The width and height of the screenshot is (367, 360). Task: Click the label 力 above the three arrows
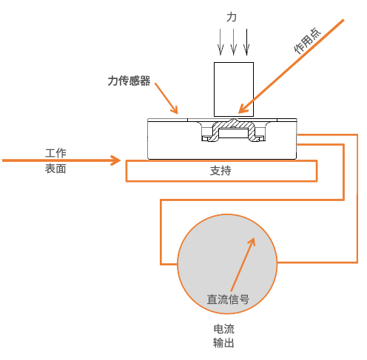(x=232, y=17)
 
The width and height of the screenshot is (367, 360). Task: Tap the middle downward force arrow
(x=233, y=42)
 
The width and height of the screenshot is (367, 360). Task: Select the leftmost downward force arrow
(x=220, y=42)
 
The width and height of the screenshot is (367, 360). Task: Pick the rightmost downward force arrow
(x=246, y=42)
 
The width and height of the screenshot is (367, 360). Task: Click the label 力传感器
(x=129, y=81)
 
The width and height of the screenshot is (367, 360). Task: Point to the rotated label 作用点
(x=307, y=41)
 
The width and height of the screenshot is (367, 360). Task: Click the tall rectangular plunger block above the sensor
(x=234, y=89)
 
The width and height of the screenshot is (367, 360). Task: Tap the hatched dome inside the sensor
(x=233, y=130)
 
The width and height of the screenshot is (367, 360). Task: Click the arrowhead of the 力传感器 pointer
(x=174, y=109)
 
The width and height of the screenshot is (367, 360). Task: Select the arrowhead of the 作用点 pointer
(x=243, y=109)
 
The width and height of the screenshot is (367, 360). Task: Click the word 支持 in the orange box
(x=220, y=171)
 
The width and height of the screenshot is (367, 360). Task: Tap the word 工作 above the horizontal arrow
(x=55, y=153)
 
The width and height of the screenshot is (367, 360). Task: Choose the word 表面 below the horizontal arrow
(x=55, y=169)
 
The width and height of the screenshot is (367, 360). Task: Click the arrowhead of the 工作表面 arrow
(x=116, y=160)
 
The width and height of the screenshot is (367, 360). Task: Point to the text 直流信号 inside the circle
(x=228, y=299)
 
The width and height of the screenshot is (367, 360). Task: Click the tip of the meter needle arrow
(x=255, y=238)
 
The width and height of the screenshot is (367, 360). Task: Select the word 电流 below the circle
(x=224, y=329)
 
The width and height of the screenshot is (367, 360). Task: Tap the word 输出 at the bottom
(x=223, y=343)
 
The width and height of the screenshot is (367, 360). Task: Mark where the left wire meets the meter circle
(x=178, y=264)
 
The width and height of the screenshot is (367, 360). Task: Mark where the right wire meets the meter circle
(x=277, y=262)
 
